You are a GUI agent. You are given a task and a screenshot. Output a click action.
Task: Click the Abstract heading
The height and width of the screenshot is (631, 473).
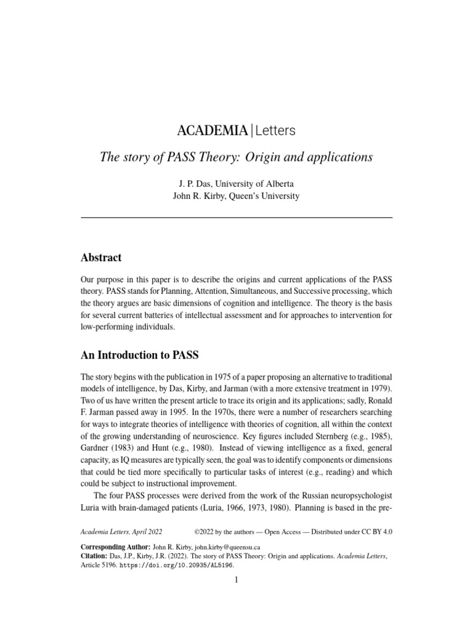coord(101,258)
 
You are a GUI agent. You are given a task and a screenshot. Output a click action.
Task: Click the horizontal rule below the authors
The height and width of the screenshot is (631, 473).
coord(236,218)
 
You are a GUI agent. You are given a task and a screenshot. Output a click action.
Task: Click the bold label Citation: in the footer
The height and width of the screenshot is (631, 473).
coord(94,556)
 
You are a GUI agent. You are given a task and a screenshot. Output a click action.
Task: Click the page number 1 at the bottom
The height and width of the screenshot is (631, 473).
coord(236,580)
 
